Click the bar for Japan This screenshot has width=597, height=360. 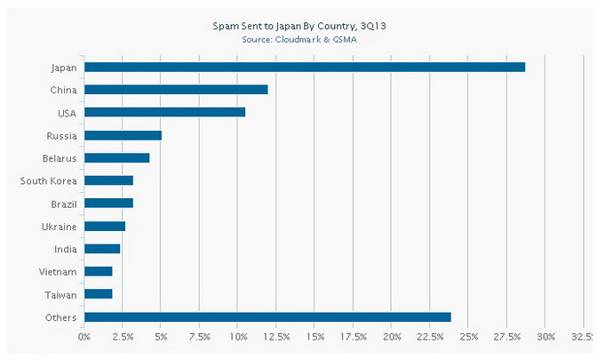304,67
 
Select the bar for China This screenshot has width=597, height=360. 176,90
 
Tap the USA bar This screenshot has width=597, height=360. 164,112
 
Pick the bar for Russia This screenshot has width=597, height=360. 123,135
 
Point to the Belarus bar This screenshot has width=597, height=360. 116,158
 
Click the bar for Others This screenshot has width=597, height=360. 267,317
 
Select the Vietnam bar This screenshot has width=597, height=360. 98,271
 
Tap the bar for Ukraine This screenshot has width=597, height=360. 104,226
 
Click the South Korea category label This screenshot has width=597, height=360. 49,181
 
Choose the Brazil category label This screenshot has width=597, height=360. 62,204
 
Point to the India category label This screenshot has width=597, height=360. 65,249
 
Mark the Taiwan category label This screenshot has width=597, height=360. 60,294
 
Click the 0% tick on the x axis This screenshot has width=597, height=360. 84,336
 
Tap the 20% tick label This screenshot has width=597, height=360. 392,336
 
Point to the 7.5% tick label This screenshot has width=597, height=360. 200,336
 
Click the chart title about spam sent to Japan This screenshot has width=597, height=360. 299,28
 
